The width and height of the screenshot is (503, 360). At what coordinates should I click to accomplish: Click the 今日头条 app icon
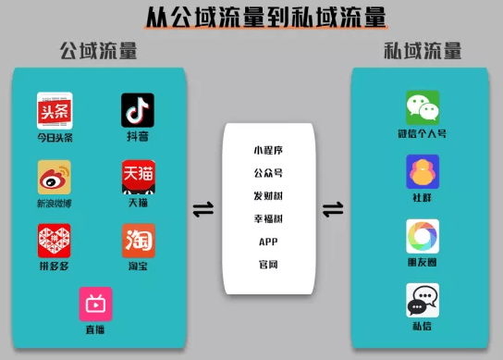(55, 109)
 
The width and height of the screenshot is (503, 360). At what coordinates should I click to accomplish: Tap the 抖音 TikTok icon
(138, 109)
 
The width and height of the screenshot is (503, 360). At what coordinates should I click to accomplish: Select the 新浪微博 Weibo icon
(55, 177)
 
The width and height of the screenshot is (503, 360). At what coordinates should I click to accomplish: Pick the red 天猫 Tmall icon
(138, 177)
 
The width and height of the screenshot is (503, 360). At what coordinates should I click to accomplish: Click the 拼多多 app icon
(55, 241)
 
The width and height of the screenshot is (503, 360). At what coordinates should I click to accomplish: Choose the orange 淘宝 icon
(139, 241)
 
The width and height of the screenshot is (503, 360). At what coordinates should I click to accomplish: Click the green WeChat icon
(423, 107)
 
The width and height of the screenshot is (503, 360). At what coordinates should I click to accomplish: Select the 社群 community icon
(423, 171)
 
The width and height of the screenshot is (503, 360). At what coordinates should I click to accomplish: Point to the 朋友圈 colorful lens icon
(423, 236)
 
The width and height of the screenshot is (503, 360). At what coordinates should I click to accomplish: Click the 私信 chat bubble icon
(423, 300)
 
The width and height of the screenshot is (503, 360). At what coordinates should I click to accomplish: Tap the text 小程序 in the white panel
(268, 149)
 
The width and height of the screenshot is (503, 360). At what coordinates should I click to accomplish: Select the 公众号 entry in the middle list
(268, 172)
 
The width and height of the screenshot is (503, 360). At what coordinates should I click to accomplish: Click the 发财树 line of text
(268, 195)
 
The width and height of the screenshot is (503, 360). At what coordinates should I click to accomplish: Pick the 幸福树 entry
(268, 218)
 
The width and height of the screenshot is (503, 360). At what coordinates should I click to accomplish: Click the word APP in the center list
(268, 242)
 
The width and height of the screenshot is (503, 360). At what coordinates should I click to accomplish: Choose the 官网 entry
(268, 265)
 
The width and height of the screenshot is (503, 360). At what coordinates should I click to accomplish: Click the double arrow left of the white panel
(202, 210)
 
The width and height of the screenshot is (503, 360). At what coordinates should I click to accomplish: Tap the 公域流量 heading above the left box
(98, 51)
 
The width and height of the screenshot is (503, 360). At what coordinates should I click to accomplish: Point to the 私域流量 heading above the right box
(423, 51)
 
